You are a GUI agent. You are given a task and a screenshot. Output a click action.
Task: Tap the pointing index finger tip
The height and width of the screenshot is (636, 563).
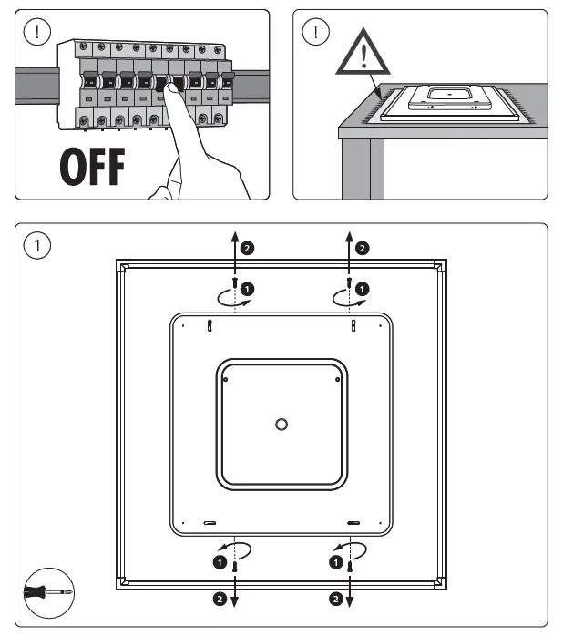(167, 87)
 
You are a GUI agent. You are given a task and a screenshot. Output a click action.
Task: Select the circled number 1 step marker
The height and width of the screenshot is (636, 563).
(37, 245)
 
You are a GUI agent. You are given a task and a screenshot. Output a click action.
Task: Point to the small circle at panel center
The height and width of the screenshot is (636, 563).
(281, 425)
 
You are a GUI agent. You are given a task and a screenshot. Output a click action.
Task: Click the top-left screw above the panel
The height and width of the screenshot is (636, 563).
(235, 284)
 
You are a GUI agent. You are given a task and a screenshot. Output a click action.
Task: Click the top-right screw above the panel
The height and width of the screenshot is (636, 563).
(348, 284)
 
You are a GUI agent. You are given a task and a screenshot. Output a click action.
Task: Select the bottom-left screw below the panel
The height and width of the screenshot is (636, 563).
(235, 566)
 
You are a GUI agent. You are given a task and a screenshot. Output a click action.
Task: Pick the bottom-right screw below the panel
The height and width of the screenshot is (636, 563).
(348, 566)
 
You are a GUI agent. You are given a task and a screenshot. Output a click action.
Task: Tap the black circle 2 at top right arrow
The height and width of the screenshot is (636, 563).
(362, 247)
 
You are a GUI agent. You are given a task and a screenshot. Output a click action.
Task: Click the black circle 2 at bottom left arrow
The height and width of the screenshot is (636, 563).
(220, 600)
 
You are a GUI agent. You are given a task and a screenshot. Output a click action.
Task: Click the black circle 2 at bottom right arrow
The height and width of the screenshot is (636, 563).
(334, 600)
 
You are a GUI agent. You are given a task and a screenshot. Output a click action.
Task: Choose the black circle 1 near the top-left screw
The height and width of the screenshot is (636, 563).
(249, 289)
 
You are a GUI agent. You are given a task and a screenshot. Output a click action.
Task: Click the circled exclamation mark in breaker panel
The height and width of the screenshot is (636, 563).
(36, 32)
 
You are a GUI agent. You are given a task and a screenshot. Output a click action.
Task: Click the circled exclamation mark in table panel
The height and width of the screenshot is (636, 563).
(315, 32)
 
